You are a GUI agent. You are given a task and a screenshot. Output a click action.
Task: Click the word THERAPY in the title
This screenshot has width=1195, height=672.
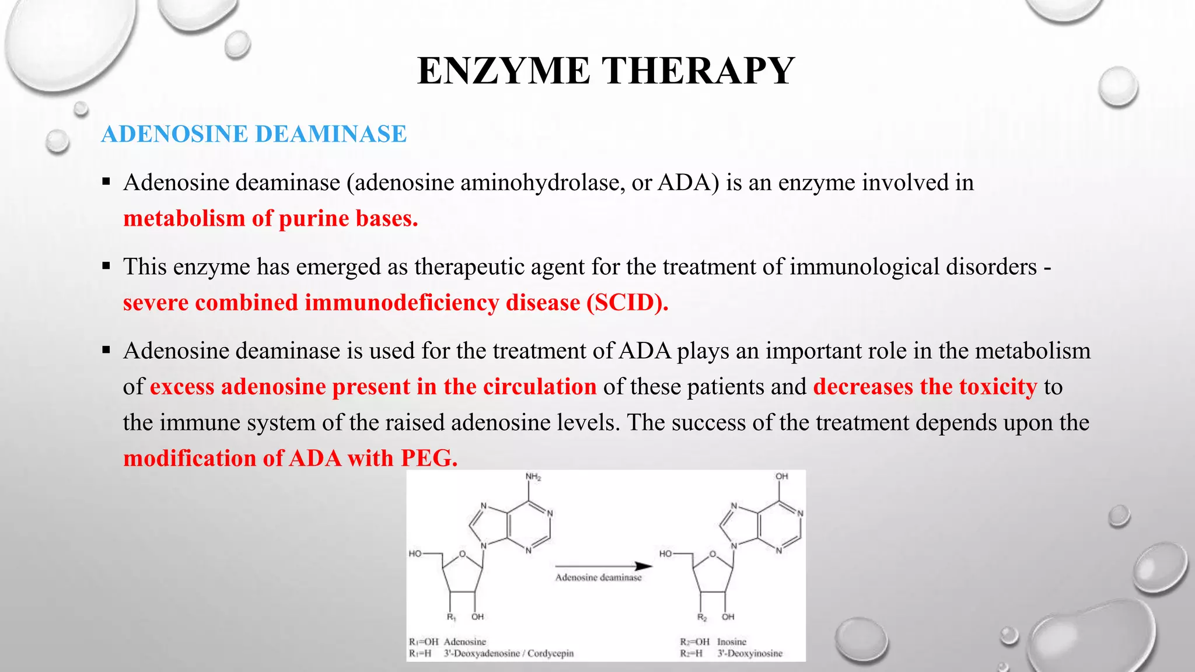coord(698,71)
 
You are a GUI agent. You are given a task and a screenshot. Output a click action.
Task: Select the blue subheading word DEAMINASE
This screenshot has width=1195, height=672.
coord(331,134)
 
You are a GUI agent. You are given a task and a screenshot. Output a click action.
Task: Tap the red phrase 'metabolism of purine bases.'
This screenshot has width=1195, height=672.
coord(270,219)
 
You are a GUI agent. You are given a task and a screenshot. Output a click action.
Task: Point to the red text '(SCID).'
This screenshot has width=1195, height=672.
coord(627,303)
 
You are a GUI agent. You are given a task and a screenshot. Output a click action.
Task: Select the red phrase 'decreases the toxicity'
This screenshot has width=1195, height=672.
coord(925,387)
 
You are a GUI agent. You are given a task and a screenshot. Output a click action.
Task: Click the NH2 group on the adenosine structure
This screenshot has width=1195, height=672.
coord(533,477)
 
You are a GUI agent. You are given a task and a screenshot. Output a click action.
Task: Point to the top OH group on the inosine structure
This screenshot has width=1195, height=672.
coord(781,477)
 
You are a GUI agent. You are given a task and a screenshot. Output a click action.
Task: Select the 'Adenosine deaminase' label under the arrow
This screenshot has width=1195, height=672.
coord(598,577)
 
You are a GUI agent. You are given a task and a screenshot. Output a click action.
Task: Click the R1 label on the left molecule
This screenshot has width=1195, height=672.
coord(451,617)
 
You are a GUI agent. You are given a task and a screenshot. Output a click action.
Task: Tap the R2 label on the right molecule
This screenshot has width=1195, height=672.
coord(702,617)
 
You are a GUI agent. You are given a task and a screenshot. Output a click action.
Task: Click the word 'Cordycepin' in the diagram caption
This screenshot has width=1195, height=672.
coord(550,653)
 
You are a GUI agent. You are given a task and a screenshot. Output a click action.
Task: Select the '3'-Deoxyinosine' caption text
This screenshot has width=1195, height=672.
coord(750,653)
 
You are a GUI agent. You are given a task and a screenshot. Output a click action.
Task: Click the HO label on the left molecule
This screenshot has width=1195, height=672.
coord(415,554)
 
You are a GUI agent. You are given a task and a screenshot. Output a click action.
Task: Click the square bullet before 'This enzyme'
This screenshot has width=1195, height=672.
coord(106,266)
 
